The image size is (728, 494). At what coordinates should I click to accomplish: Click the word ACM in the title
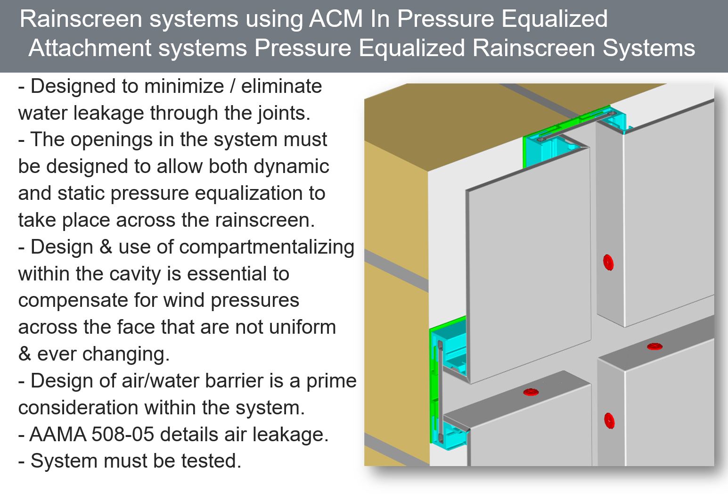(336, 19)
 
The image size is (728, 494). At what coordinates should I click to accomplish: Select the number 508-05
(123, 435)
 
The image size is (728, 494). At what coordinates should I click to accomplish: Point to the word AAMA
(57, 435)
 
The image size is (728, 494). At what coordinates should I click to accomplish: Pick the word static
(82, 194)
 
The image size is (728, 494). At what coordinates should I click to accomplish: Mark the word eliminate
(282, 87)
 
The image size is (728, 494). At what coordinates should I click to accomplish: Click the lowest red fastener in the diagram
(609, 420)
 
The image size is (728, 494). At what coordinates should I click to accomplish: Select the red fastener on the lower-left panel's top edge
(531, 392)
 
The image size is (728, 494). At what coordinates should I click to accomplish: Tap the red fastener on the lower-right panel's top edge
(654, 346)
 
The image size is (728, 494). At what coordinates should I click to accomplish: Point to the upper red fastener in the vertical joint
(608, 263)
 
